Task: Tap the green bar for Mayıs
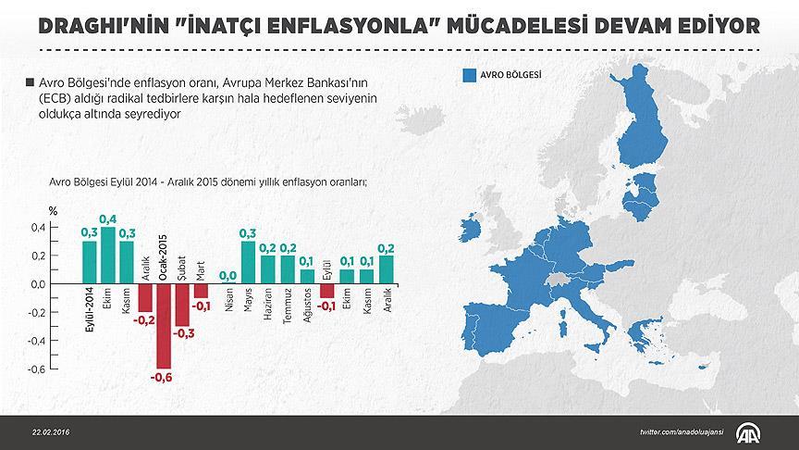248,262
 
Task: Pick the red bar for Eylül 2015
326,291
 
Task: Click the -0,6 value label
164,378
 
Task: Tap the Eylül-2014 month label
90,316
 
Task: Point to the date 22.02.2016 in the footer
50,432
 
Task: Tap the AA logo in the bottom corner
748,431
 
